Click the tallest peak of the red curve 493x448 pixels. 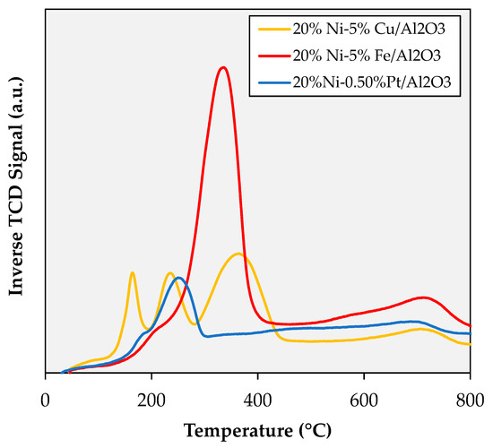point(223,68)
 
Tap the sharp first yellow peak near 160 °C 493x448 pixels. point(133,272)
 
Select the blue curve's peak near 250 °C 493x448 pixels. point(179,278)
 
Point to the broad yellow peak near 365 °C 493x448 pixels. point(238,254)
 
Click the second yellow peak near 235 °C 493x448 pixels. point(169,273)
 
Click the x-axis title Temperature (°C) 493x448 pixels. point(257,429)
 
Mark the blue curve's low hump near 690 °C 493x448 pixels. point(411,321)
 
